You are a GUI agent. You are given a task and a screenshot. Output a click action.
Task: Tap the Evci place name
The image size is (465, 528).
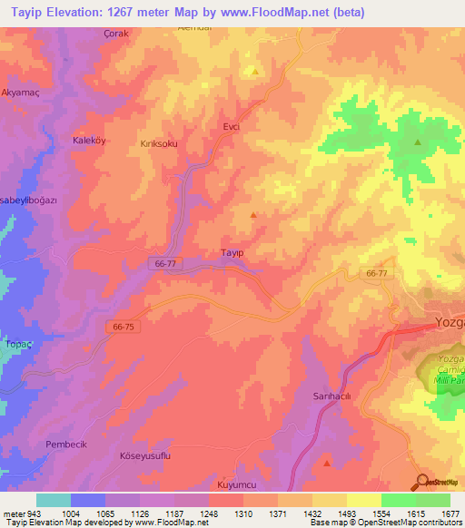point(231,128)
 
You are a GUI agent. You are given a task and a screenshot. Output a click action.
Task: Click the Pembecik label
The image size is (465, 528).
point(64,445)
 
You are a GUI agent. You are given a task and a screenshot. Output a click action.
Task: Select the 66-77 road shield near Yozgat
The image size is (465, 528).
point(377,273)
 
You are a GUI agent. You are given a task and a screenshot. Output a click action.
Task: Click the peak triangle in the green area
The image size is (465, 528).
point(418,142)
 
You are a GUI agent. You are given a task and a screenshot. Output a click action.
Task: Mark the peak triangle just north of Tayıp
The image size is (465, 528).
point(252,215)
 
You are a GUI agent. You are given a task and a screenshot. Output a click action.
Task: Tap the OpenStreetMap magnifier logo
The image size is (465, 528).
point(421,483)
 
